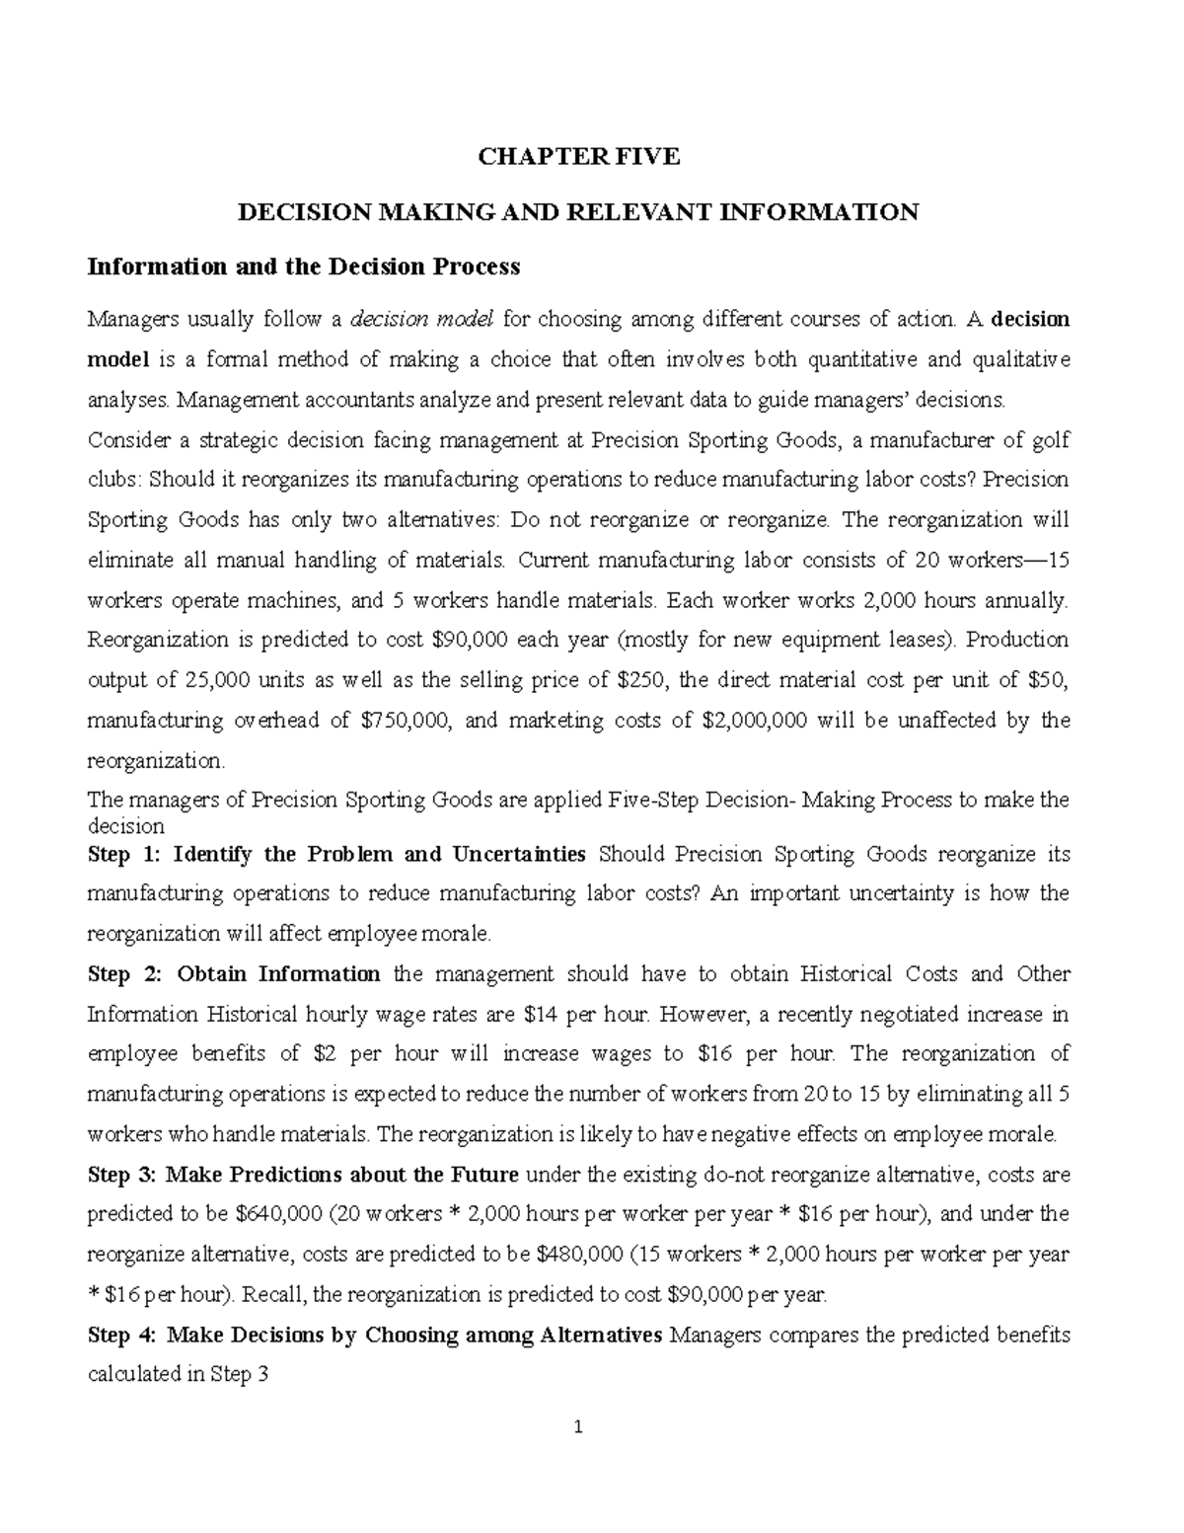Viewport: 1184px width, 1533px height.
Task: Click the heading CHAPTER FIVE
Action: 579,157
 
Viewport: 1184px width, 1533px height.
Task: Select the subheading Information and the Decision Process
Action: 303,267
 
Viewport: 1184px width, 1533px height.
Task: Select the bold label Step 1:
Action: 121,854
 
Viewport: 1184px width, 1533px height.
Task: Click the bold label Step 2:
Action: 123,974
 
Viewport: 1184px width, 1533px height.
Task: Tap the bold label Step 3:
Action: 121,1175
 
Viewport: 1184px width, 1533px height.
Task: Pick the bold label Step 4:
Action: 121,1336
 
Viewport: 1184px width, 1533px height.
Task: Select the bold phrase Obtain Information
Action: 279,974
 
